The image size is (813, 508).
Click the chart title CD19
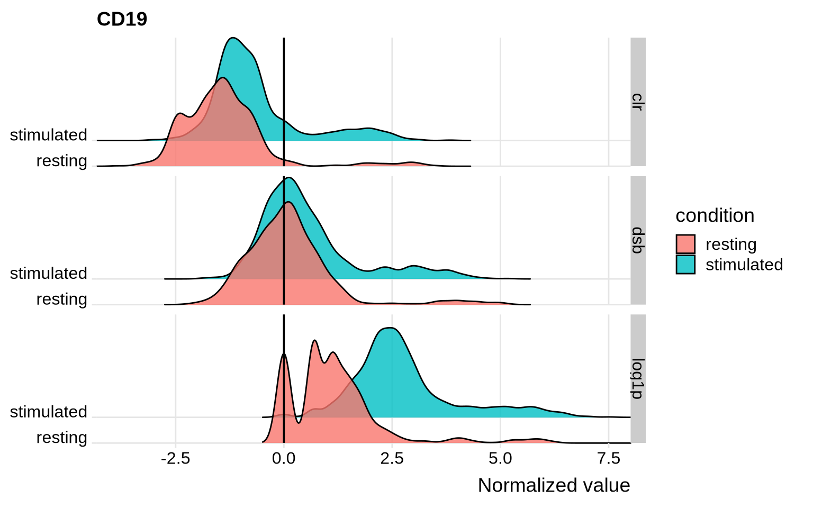122,20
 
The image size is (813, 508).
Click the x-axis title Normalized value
554,485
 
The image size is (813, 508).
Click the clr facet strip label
638,102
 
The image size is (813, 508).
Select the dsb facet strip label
638,240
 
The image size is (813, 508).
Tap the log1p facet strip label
638,378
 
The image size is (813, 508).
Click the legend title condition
715,216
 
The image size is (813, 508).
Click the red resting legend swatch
685,244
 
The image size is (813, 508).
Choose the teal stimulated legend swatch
685,265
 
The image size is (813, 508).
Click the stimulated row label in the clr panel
49,135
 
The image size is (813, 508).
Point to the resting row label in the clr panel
61,161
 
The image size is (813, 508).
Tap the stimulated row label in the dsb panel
49,274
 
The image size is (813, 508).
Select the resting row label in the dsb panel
61,300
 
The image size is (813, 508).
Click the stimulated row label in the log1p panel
49,412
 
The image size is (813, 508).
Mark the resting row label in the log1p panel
61,438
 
